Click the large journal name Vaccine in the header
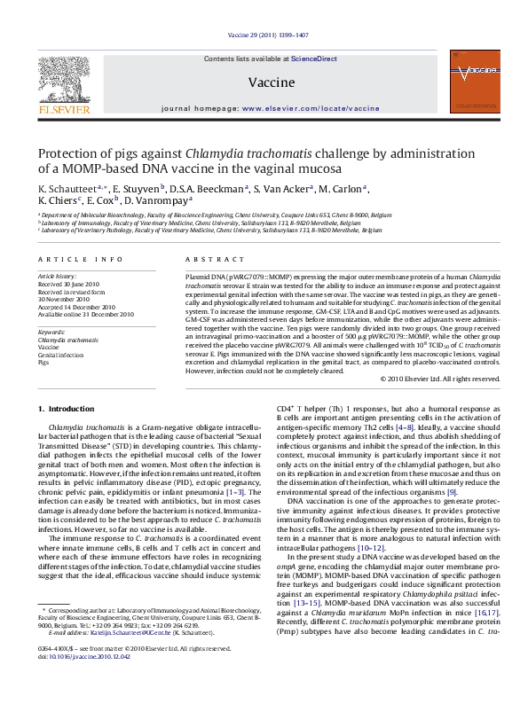tap(264, 81)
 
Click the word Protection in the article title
tap(68, 153)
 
